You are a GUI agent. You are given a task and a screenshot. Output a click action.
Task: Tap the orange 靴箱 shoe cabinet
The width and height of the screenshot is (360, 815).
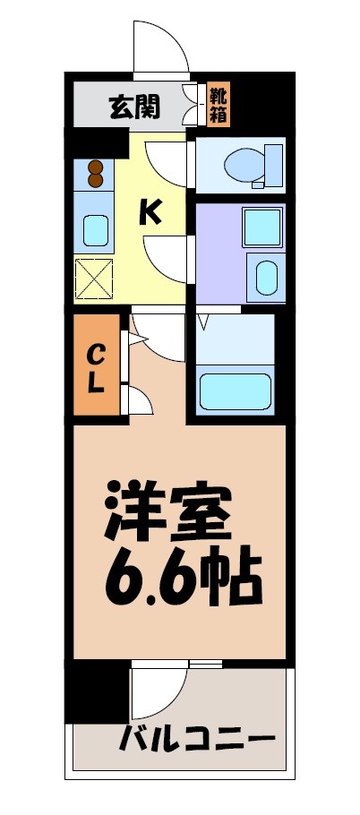click(218, 105)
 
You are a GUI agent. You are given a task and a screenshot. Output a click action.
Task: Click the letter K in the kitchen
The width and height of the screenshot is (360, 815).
click(150, 212)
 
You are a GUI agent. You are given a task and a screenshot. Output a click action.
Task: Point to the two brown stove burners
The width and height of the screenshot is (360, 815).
click(95, 172)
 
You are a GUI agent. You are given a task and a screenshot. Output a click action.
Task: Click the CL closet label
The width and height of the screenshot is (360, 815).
click(97, 368)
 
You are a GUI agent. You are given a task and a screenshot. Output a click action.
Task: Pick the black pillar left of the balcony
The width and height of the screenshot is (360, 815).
click(97, 690)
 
